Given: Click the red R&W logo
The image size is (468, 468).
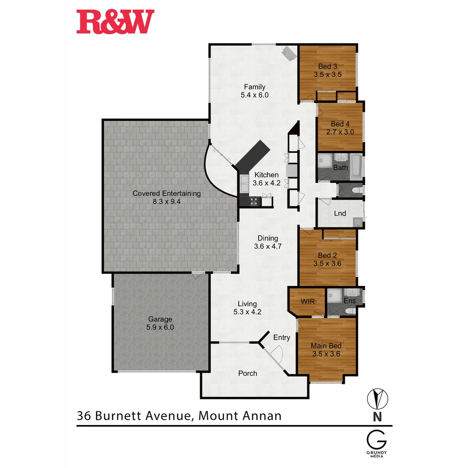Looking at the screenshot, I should pyautogui.click(x=115, y=23).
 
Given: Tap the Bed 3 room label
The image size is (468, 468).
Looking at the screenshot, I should pyautogui.click(x=328, y=66).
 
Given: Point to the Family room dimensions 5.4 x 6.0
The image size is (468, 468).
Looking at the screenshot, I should pyautogui.click(x=254, y=95).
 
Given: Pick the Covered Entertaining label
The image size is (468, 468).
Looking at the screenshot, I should pyautogui.click(x=166, y=193).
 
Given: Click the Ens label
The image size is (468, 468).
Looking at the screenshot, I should pyautogui.click(x=349, y=301).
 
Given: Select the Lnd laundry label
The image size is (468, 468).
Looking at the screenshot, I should pyautogui.click(x=340, y=213).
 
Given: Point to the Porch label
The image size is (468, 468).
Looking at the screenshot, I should pyautogui.click(x=248, y=373).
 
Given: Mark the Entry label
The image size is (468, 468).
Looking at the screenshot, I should pyautogui.click(x=282, y=337).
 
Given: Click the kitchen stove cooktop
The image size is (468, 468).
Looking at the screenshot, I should pyautogui.click(x=253, y=201).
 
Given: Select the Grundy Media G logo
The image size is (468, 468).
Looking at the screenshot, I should pyautogui.click(x=377, y=440).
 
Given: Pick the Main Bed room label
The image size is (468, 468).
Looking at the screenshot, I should pyautogui.click(x=326, y=346).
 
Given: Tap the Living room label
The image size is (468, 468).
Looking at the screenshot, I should pyautogui.click(x=247, y=304).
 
